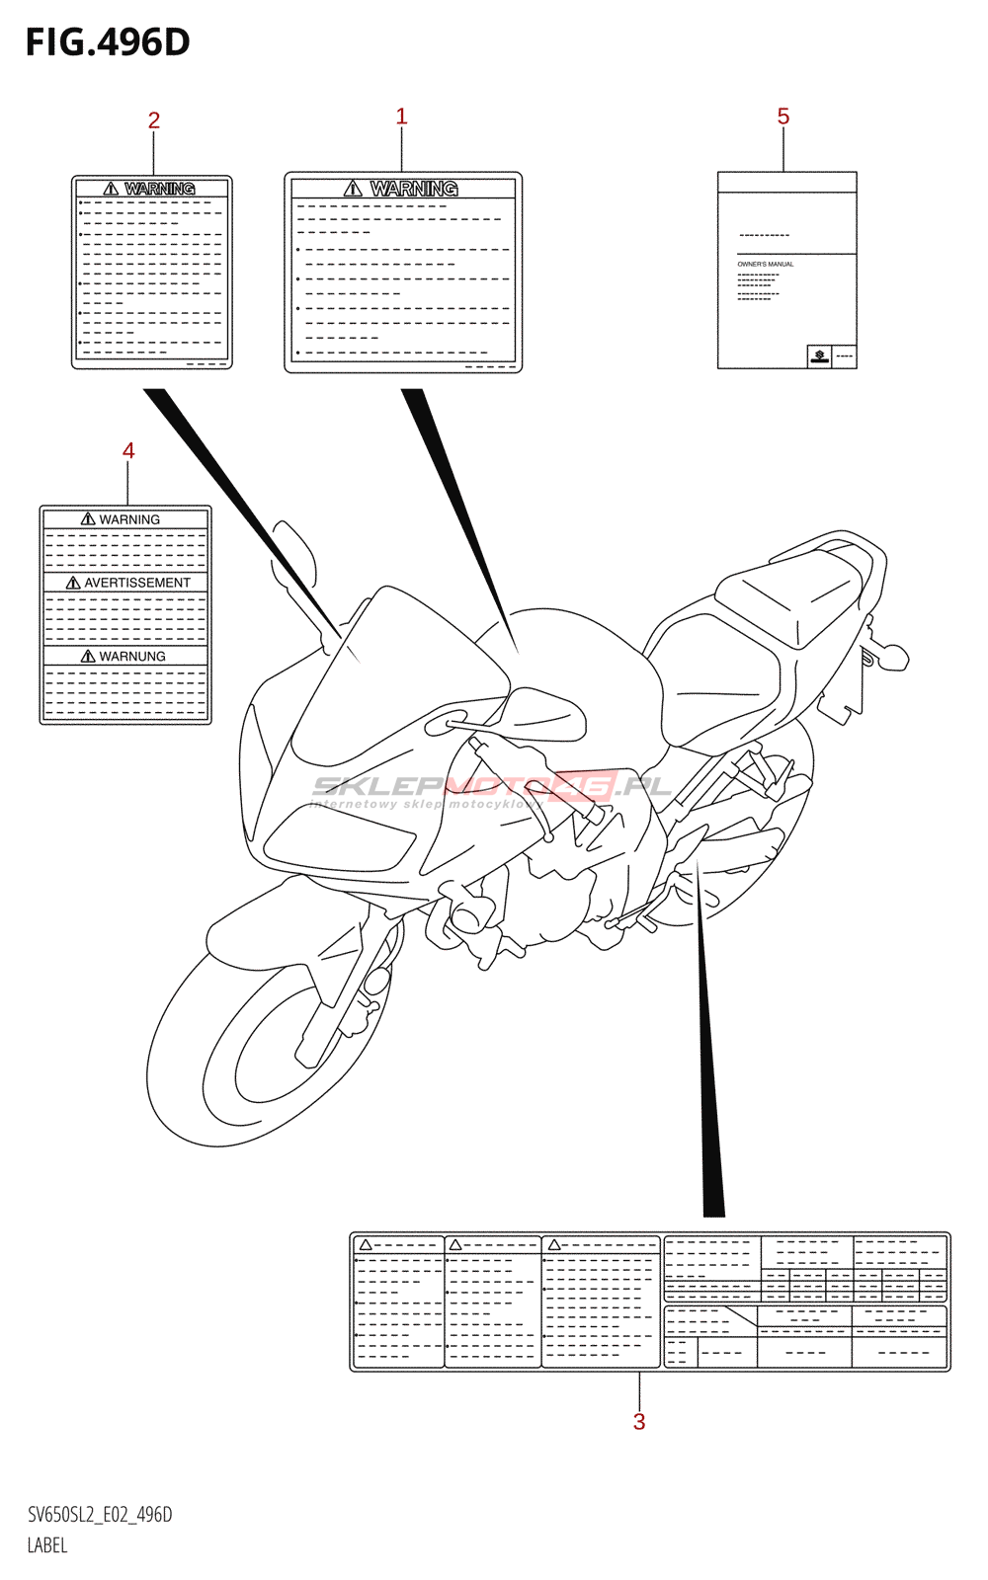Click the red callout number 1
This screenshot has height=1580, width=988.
(401, 117)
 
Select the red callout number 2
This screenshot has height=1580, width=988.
(153, 120)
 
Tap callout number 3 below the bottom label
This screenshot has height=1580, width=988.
(639, 1422)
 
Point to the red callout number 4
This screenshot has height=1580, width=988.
(128, 451)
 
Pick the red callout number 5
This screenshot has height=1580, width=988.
(783, 117)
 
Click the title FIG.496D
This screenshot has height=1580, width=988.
(108, 42)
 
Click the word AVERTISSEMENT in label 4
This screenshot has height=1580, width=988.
(136, 583)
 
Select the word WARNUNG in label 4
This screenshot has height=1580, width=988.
(131, 656)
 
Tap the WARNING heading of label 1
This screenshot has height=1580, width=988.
(413, 188)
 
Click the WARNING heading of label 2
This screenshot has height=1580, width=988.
(159, 189)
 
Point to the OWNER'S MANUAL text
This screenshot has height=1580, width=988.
(766, 265)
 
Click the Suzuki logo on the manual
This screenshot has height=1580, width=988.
(819, 355)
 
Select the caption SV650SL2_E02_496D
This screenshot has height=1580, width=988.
(100, 1515)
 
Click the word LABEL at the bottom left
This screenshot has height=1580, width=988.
(47, 1545)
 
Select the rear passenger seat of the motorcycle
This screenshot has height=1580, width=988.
(790, 592)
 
